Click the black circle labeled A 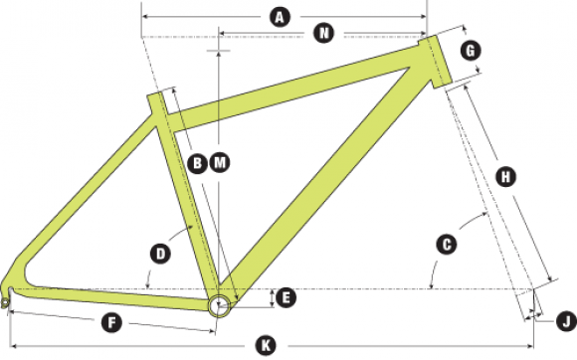point(280,17)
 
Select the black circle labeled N point(324,33)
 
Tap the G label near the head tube point(471,51)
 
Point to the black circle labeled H point(506,177)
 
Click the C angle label point(447,245)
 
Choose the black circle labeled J point(566,321)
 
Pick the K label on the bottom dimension point(266,346)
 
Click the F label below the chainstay point(111,323)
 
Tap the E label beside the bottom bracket point(286,298)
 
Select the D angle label point(160,254)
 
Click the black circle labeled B point(197,163)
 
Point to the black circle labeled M point(220,162)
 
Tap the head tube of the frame point(435,62)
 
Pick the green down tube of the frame point(325,184)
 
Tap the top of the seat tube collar point(154,94)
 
